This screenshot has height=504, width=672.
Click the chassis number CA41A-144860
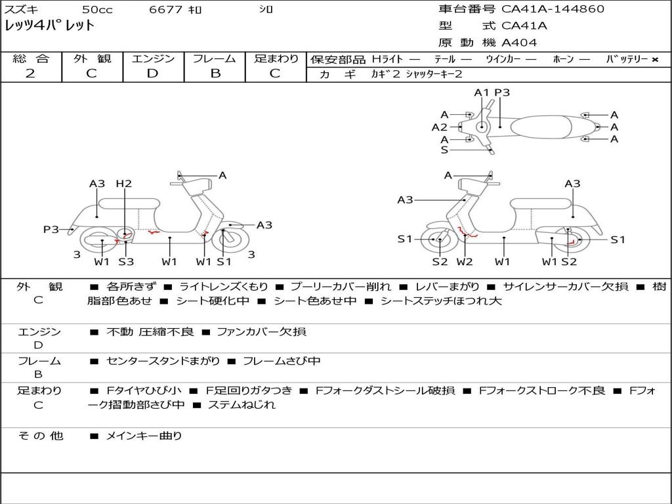point(553,9)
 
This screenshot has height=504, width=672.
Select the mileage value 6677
point(165,9)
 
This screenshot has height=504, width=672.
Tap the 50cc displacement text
point(96,9)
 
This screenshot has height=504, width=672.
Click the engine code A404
point(519,43)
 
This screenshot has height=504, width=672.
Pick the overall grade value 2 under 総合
point(30,73)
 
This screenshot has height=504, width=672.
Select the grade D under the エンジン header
point(153,73)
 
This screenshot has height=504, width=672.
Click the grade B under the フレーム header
point(215,73)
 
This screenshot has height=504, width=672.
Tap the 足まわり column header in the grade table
point(276,59)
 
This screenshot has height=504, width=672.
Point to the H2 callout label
point(123,184)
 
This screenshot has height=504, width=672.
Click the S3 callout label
point(126,262)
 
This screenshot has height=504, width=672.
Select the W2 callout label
point(465,262)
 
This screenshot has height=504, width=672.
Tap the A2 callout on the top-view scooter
point(439,127)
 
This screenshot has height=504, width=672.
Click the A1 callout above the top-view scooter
point(482,93)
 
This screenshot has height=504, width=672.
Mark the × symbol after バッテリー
point(654,59)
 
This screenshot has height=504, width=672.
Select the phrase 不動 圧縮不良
point(150,332)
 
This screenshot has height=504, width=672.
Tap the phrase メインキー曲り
point(144,436)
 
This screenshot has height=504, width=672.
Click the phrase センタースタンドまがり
point(163,362)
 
